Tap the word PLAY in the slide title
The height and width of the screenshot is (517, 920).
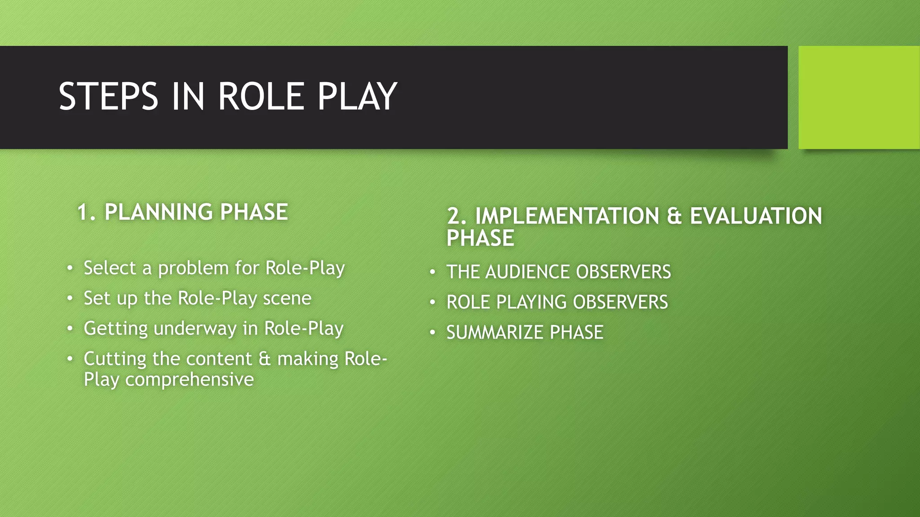click(x=357, y=96)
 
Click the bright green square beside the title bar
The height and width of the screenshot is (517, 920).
click(x=859, y=97)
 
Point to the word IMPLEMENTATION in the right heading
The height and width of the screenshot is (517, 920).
click(x=567, y=216)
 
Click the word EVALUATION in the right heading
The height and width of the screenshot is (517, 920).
click(x=756, y=216)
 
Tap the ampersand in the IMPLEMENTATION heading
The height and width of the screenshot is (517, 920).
click(x=674, y=216)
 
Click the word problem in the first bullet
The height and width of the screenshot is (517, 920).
click(x=193, y=268)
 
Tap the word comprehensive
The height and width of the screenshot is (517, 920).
click(x=189, y=380)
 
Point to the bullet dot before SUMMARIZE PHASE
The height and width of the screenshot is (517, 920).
click(x=432, y=333)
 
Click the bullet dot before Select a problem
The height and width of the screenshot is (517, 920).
click(x=70, y=268)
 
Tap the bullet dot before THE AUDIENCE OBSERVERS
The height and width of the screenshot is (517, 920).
click(x=432, y=272)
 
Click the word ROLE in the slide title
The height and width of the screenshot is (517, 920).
click(x=261, y=96)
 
